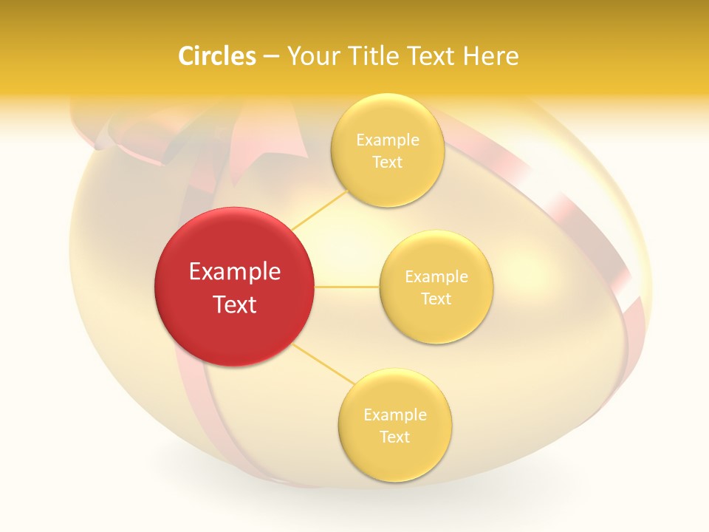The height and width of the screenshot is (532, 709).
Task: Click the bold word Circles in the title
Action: [x=217, y=56]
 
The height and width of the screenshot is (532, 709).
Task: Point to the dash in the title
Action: [x=271, y=57]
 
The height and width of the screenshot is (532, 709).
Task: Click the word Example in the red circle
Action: [x=235, y=272]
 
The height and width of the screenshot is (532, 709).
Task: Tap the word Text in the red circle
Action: [x=235, y=304]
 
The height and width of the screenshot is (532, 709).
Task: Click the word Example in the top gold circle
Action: [x=388, y=140]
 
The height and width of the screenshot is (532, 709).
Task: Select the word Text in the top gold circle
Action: [x=388, y=163]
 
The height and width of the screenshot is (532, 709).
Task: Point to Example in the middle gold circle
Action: [x=436, y=277]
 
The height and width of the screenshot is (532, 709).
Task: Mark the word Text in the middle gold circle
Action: [x=436, y=299]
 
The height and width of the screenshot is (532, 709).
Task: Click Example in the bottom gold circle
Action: [x=395, y=415]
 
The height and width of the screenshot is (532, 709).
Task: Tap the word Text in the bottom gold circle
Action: [x=395, y=437]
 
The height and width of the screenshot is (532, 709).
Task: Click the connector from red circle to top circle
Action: [x=319, y=209]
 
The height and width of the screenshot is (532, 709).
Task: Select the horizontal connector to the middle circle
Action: [x=347, y=287]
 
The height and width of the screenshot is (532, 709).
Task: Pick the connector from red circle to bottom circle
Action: [x=324, y=363]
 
